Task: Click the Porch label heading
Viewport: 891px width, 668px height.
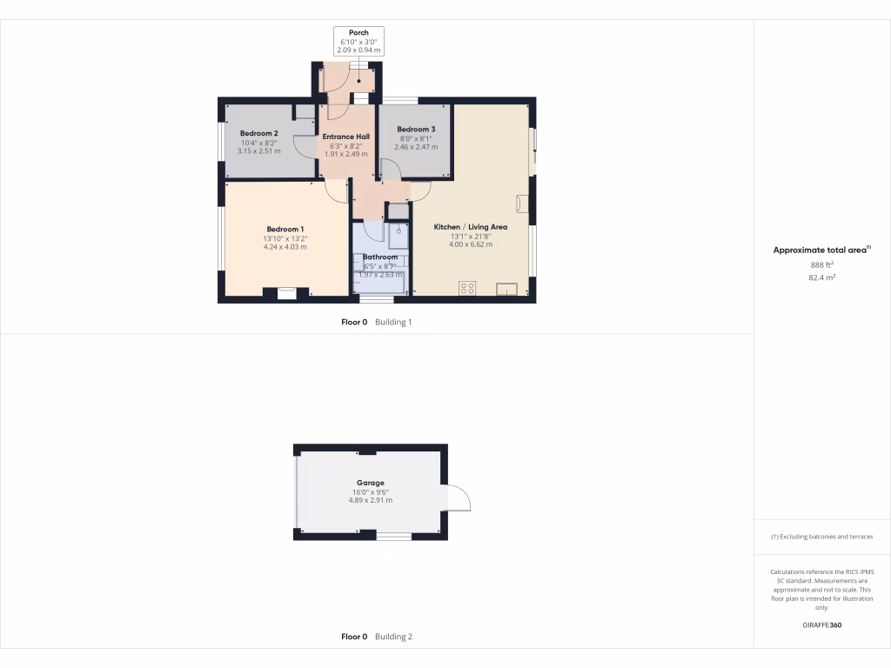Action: pyautogui.click(x=358, y=33)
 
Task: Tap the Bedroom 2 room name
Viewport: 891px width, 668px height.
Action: pyautogui.click(x=258, y=132)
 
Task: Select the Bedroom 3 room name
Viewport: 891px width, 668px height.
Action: pyautogui.click(x=415, y=129)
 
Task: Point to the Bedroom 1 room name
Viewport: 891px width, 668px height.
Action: pyautogui.click(x=285, y=229)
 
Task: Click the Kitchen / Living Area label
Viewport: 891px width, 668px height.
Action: pyautogui.click(x=470, y=227)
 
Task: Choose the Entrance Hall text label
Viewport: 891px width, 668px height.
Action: pyautogui.click(x=346, y=137)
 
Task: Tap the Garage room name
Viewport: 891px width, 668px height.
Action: pyautogui.click(x=370, y=483)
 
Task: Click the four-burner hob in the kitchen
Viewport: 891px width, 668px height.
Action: pyautogui.click(x=467, y=289)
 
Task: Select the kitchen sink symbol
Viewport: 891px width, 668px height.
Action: pyautogui.click(x=506, y=290)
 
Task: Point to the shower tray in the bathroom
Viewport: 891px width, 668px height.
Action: pyautogui.click(x=398, y=236)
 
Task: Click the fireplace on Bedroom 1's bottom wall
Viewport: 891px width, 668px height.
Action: pyautogui.click(x=286, y=293)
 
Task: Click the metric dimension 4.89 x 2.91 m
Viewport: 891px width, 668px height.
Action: pyautogui.click(x=370, y=500)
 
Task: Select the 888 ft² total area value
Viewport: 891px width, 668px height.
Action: pyautogui.click(x=821, y=264)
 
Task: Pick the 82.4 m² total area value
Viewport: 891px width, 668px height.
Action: pyautogui.click(x=821, y=277)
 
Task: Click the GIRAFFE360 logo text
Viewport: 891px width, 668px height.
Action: pyautogui.click(x=821, y=625)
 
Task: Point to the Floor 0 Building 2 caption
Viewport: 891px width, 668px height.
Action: pyautogui.click(x=376, y=637)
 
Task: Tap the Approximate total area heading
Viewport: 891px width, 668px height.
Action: pyautogui.click(x=821, y=250)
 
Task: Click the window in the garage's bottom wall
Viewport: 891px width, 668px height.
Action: pyautogui.click(x=393, y=537)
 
